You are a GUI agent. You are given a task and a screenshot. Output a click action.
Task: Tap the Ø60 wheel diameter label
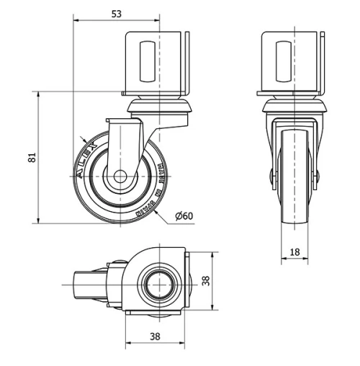point(184,215)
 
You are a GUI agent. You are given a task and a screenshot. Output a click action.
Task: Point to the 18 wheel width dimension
point(294,251)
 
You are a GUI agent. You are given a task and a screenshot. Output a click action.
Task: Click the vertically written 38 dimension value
point(206,282)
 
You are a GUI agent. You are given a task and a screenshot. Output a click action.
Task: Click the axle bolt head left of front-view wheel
point(273,176)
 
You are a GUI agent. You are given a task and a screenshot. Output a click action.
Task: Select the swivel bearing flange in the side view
point(160,108)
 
